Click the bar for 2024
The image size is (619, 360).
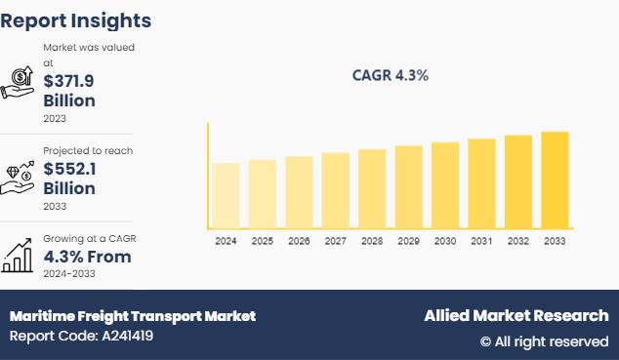click(226, 196)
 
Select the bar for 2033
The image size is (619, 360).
click(555, 180)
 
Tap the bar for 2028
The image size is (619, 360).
click(372, 189)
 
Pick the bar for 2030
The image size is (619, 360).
click(445, 185)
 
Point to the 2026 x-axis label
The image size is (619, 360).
click(299, 240)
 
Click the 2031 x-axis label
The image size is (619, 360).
click(481, 240)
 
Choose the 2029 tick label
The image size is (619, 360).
click(408, 240)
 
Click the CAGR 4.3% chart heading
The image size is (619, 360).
click(390, 75)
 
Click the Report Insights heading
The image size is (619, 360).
click(76, 20)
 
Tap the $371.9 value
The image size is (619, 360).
click(69, 82)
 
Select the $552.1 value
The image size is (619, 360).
click(68, 168)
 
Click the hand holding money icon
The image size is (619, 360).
click(19, 83)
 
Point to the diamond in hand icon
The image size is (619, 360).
click(19, 173)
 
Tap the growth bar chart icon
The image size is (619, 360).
click(19, 257)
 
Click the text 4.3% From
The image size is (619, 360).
click(87, 258)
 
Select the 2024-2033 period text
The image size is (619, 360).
click(69, 275)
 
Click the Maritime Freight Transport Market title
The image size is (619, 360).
click(133, 316)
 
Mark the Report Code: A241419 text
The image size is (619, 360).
click(81, 337)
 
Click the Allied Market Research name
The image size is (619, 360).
click(516, 316)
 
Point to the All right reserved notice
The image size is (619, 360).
click(544, 341)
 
